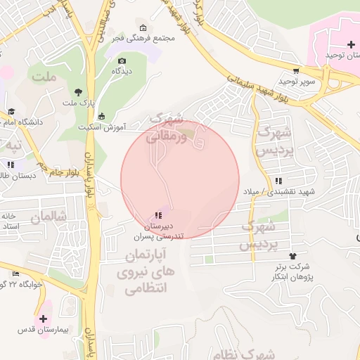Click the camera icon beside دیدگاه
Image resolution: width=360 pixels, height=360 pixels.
[x=123, y=62]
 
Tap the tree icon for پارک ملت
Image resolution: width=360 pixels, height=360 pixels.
[x=78, y=92]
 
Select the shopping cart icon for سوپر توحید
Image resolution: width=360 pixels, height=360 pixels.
[x=297, y=70]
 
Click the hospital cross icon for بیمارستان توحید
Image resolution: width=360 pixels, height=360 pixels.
[x=351, y=44]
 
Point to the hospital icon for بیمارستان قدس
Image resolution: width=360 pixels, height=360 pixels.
[x=44, y=319]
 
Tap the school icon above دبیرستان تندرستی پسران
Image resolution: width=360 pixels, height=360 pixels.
[x=157, y=215]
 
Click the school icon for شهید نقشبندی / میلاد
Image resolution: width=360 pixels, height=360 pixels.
[x=280, y=181]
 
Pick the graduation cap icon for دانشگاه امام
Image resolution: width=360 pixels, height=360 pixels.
[x=11, y=111]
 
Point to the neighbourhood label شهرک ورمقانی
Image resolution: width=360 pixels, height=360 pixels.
[x=166, y=127]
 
